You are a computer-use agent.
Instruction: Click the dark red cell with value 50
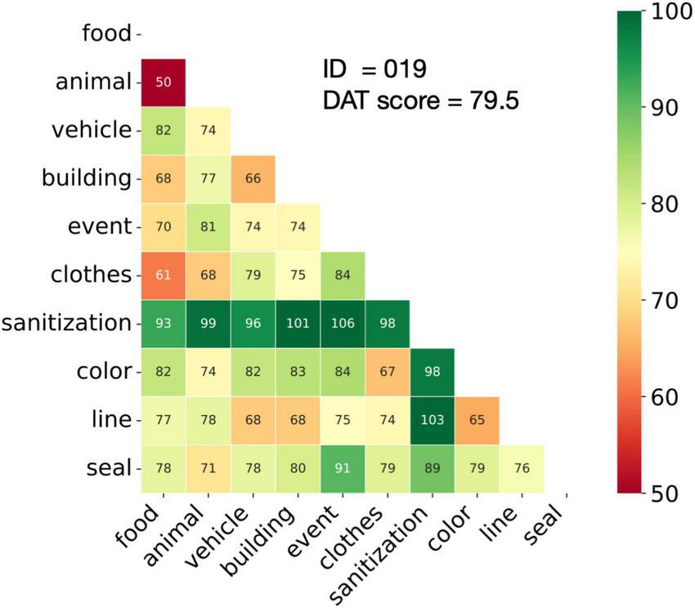(x=164, y=82)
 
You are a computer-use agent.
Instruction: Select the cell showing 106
(x=342, y=323)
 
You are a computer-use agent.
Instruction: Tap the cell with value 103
(x=431, y=420)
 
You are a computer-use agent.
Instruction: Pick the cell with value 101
(x=298, y=323)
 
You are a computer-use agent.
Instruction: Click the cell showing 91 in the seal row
(x=342, y=468)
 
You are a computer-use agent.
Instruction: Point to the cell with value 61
(x=164, y=275)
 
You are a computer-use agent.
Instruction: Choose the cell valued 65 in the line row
(x=476, y=420)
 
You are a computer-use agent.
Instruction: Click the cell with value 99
(x=208, y=323)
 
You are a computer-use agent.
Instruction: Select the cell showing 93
(x=164, y=323)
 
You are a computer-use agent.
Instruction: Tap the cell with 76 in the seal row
(x=520, y=468)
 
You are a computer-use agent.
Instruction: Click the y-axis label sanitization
(x=67, y=323)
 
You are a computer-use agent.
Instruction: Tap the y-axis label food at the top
(x=107, y=34)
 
